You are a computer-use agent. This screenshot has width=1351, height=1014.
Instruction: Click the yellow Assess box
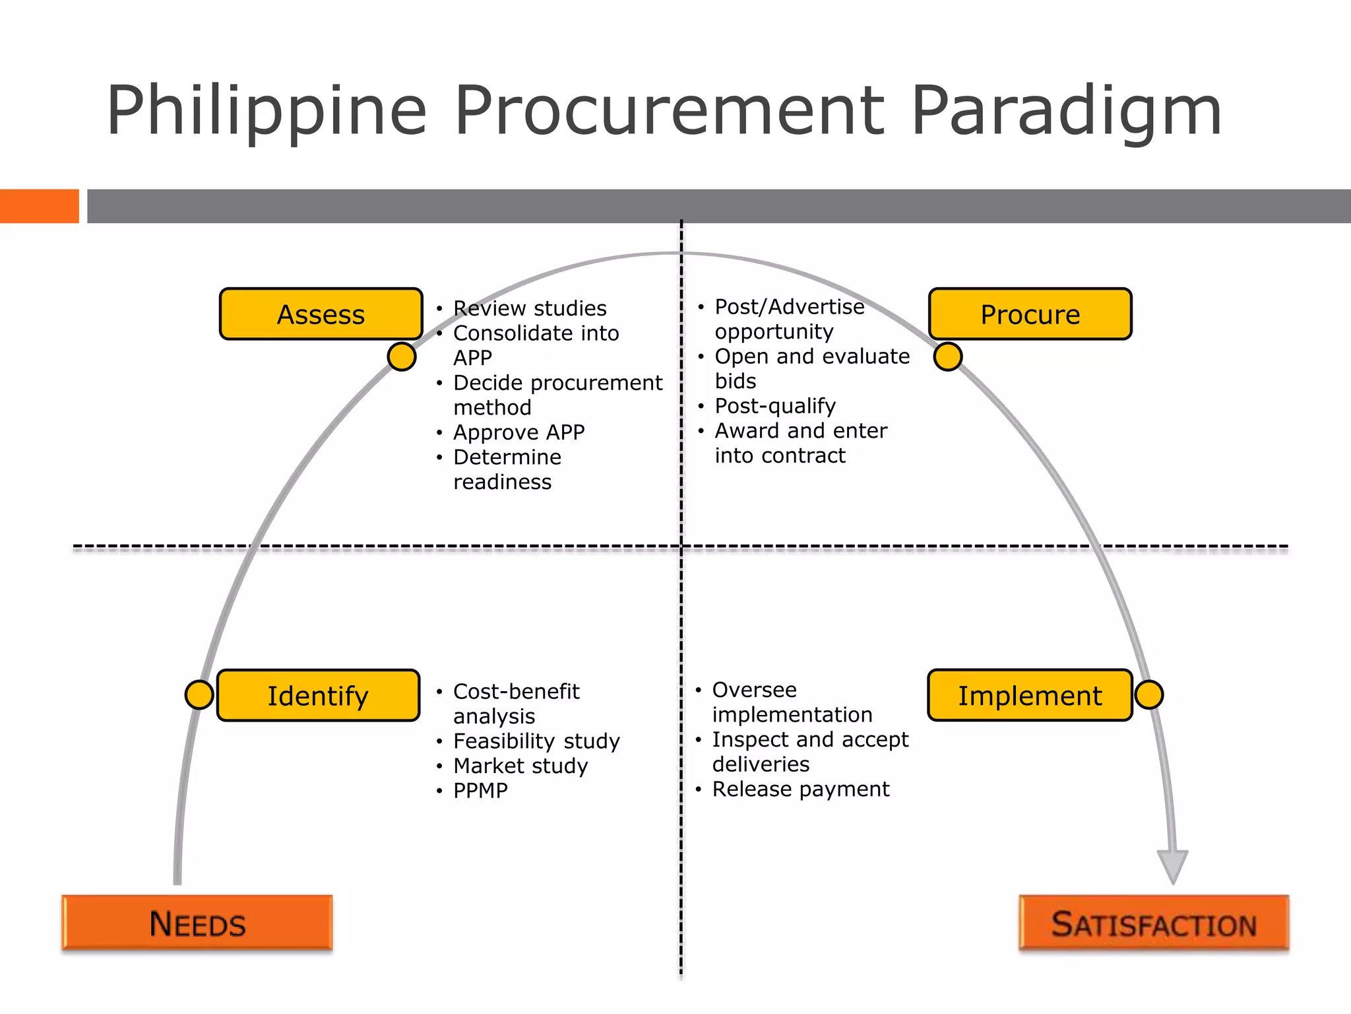(321, 314)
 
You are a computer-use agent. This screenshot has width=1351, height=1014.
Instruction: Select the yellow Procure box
(1030, 314)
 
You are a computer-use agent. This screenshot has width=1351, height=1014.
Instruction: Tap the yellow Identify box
(318, 696)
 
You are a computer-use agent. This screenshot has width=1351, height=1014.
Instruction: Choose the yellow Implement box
(1030, 695)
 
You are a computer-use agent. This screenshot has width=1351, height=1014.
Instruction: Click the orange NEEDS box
(197, 923)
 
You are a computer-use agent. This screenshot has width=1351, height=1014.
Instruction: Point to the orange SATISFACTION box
(1154, 924)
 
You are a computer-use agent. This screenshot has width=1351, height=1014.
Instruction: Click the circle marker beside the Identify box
(199, 694)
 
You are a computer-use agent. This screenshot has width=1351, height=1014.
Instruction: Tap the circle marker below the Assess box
(402, 356)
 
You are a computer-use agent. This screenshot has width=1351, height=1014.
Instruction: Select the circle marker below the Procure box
(948, 356)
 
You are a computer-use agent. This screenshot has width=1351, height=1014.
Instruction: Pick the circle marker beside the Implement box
(1149, 694)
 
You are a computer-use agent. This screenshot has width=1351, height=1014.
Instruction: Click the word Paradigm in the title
(1067, 110)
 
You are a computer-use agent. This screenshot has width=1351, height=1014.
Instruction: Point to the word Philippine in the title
(267, 110)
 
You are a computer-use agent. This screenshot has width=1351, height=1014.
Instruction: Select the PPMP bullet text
(480, 790)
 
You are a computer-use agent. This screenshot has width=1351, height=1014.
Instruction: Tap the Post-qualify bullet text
(775, 405)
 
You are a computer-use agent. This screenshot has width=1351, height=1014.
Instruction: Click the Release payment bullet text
(801, 789)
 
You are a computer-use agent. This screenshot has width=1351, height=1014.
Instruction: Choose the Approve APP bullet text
(519, 432)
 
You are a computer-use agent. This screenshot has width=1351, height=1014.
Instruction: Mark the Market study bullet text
(520, 766)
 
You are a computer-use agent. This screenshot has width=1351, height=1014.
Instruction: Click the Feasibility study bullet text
(536, 741)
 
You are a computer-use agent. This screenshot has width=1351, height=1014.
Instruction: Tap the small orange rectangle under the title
(40, 206)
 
